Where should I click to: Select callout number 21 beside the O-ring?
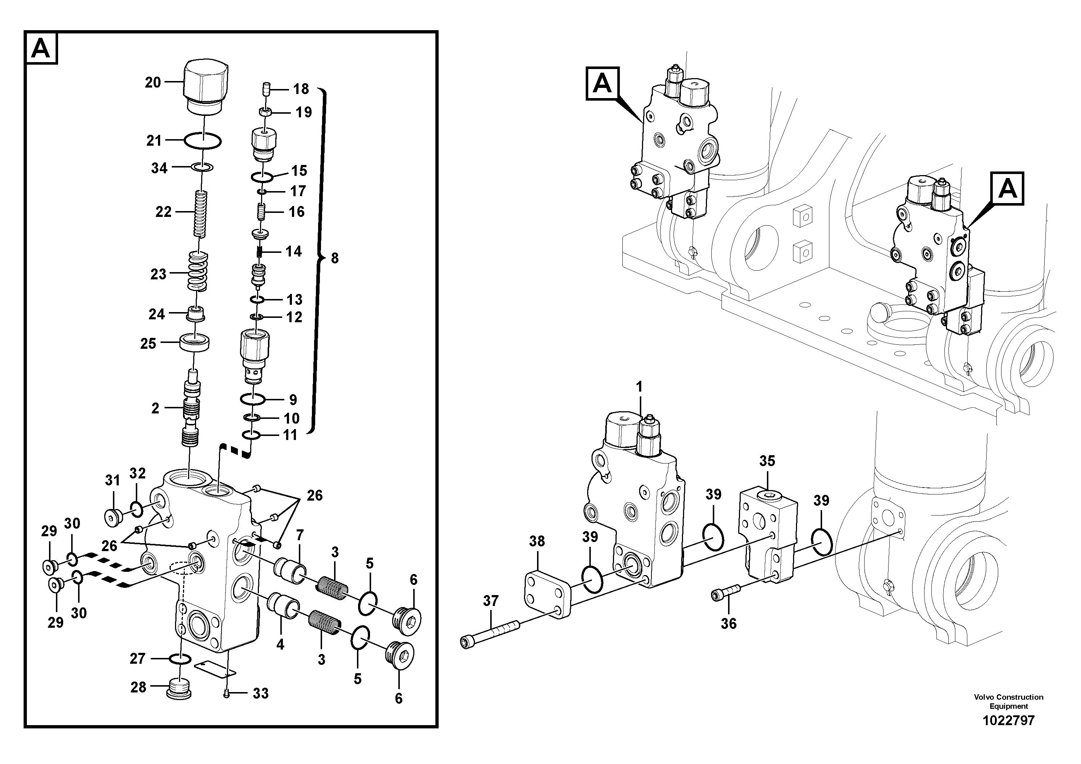(x=154, y=140)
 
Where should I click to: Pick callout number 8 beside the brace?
(x=335, y=258)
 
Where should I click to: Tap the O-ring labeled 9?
(x=253, y=399)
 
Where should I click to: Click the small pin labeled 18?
(x=266, y=89)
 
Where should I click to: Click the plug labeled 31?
(x=111, y=518)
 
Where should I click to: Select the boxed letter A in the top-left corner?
(x=41, y=48)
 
